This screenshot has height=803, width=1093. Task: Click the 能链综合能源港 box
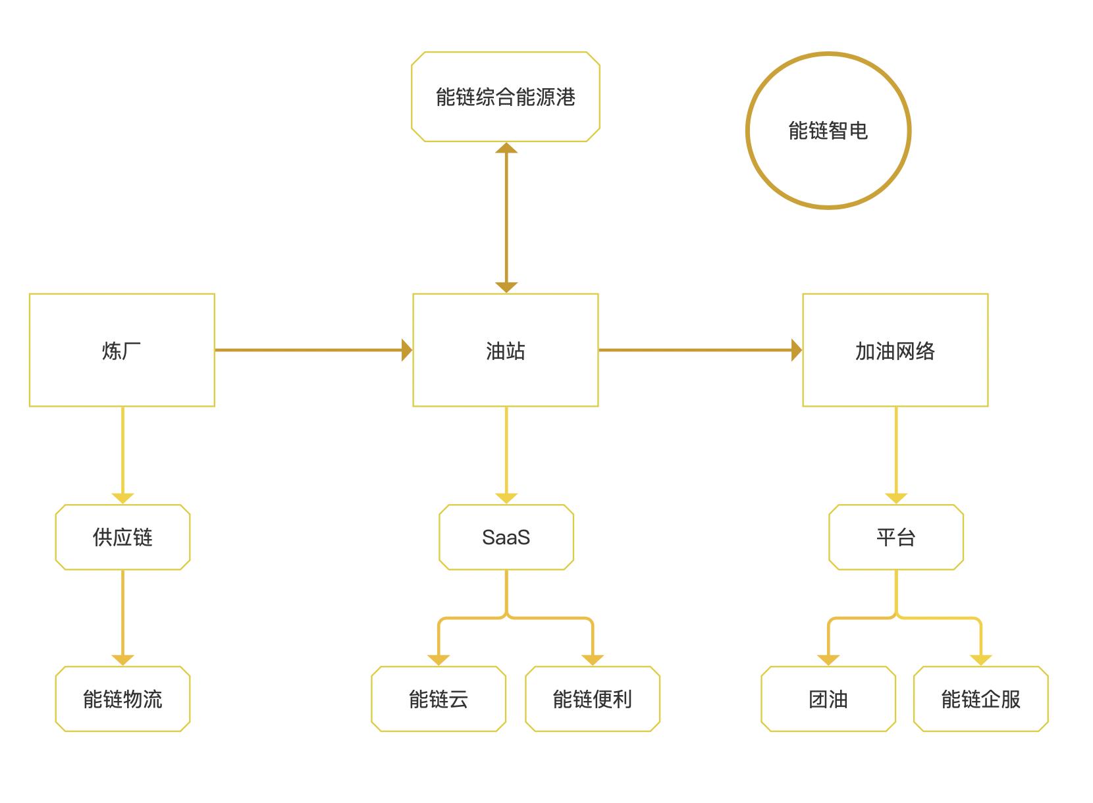[x=505, y=97]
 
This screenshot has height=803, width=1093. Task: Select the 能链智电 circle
[x=828, y=131]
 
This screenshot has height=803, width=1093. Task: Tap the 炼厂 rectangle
[x=122, y=350]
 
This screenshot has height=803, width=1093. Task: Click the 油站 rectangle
[x=505, y=350]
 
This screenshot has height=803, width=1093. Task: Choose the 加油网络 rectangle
[x=895, y=350]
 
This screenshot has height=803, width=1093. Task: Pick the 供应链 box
[x=122, y=537]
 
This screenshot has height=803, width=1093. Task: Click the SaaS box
[x=506, y=537]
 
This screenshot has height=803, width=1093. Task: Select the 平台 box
[x=895, y=537]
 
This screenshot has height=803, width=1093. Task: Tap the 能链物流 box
[x=122, y=699]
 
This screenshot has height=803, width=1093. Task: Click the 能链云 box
[x=438, y=699]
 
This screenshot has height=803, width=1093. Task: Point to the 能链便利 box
[x=592, y=699]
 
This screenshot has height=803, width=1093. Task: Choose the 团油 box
[x=828, y=699]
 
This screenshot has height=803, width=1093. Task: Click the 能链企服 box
[x=980, y=699]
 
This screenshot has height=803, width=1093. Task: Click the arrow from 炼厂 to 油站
[x=309, y=350]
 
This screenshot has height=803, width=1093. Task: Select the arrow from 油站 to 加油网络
[x=698, y=350]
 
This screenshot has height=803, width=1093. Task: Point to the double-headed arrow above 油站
[x=506, y=217]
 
